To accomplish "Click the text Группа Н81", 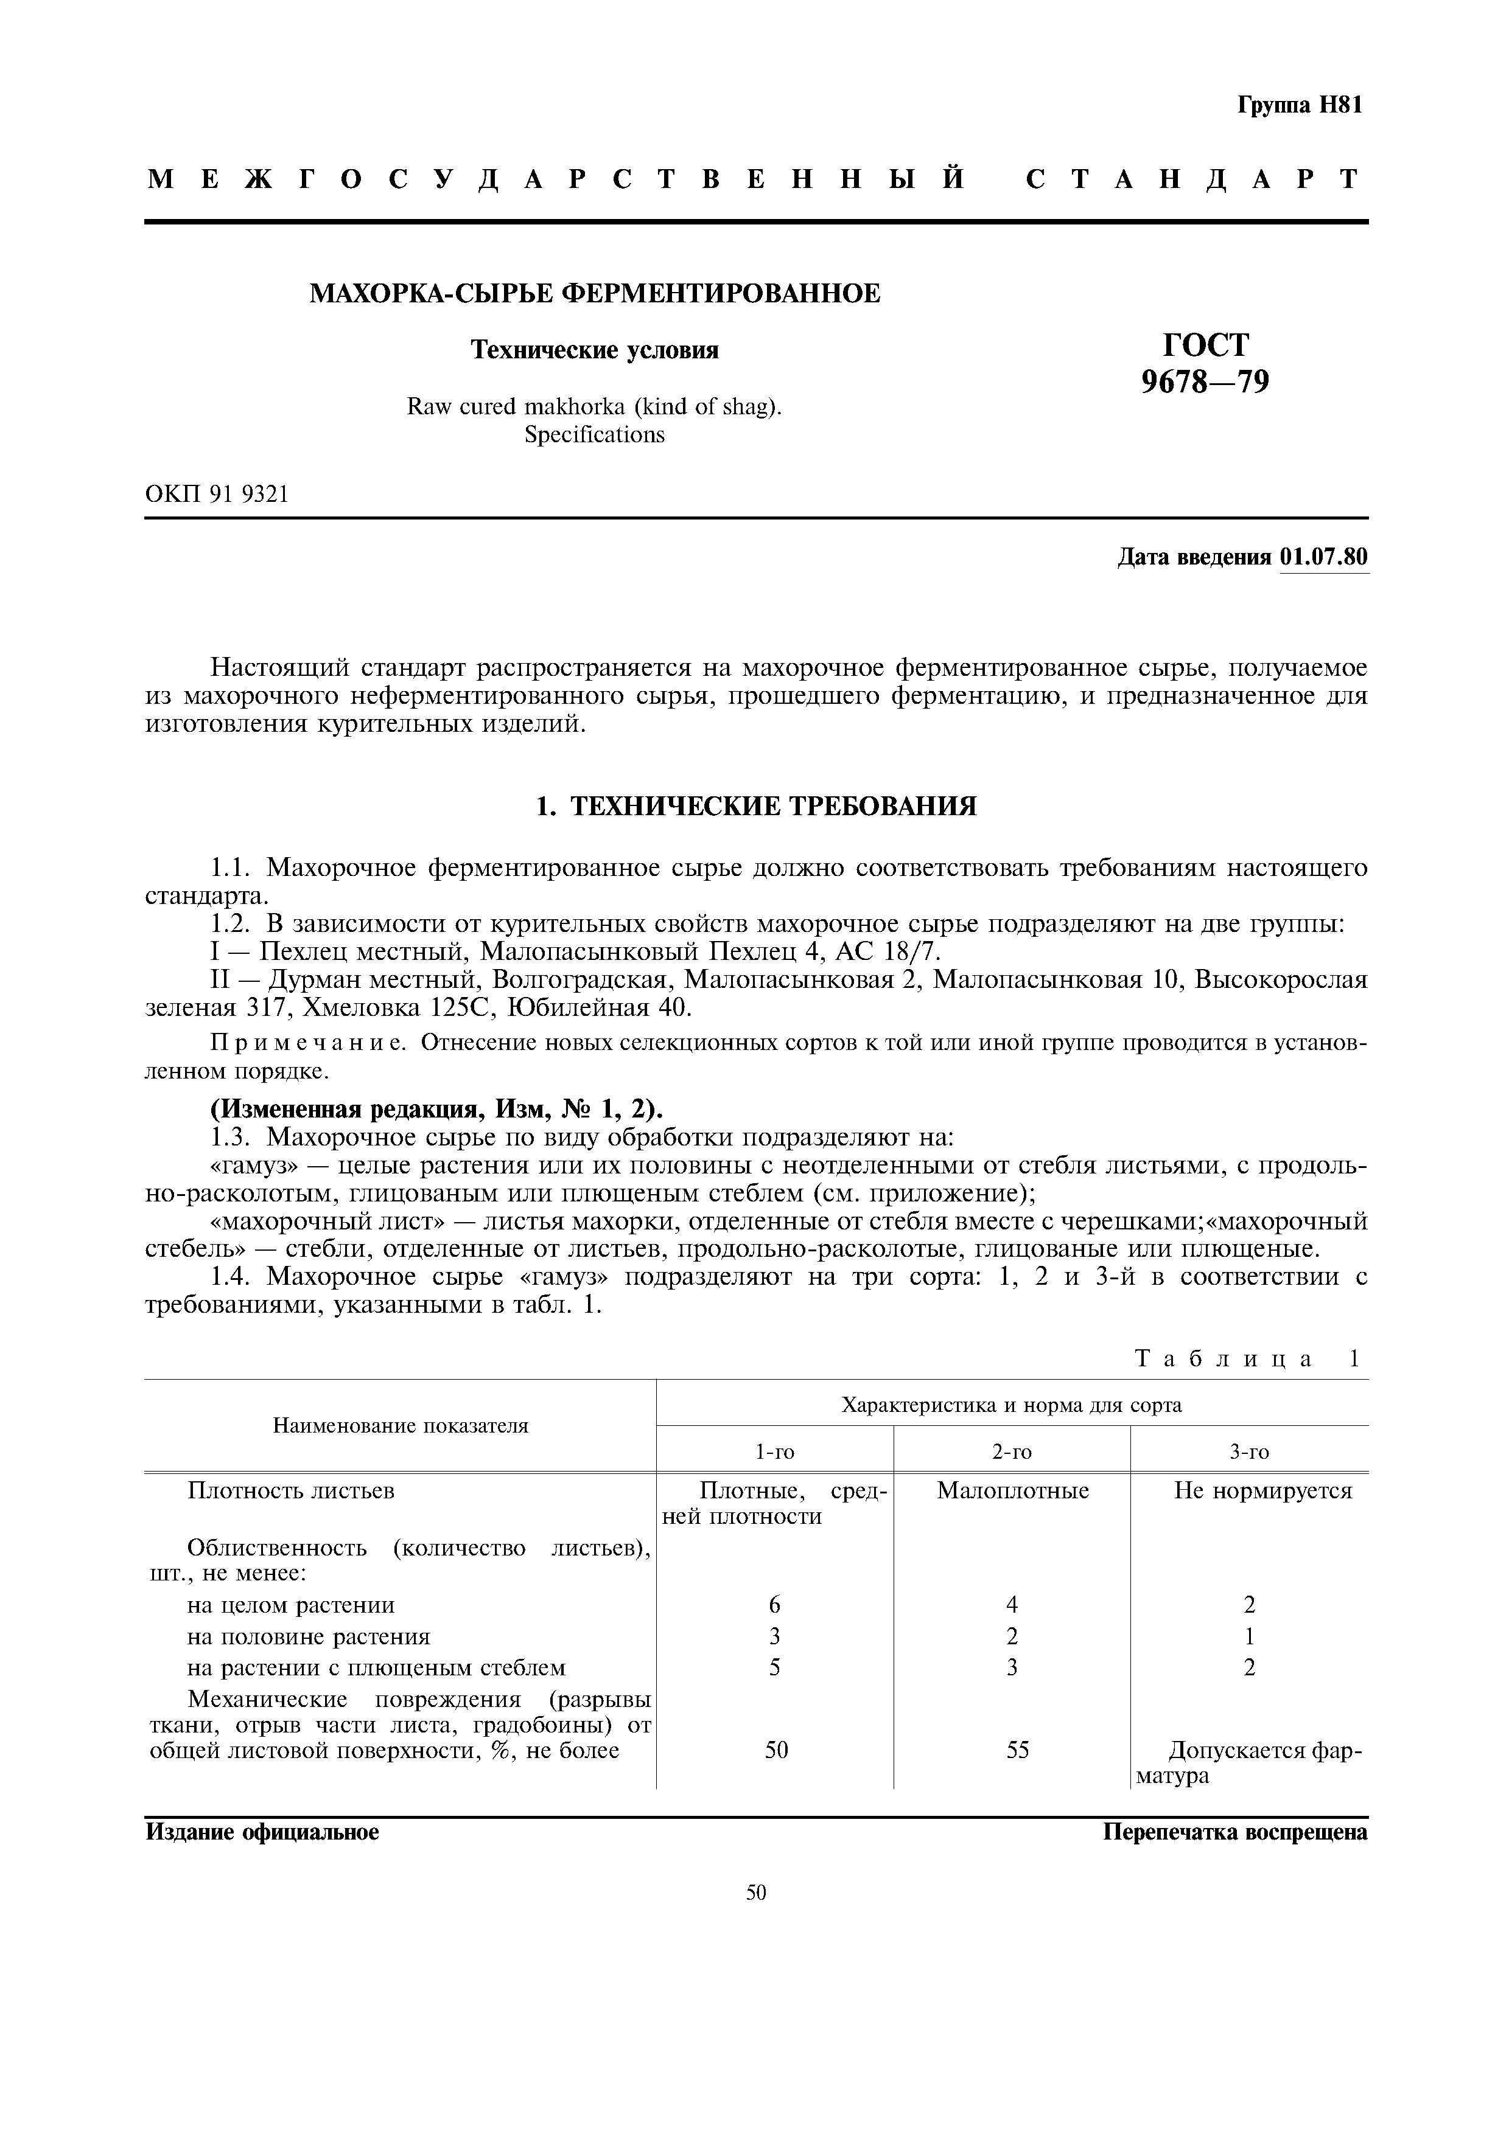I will pyautogui.click(x=1299, y=106).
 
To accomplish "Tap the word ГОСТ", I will pyautogui.click(x=1205, y=345).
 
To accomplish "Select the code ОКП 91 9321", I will pyautogui.click(x=217, y=495).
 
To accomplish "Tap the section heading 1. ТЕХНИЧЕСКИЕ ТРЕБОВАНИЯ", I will pyautogui.click(x=756, y=806).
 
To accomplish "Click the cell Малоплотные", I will pyautogui.click(x=1012, y=1491).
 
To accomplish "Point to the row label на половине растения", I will pyautogui.click(x=309, y=1637).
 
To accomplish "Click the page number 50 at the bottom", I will pyautogui.click(x=755, y=1893).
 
